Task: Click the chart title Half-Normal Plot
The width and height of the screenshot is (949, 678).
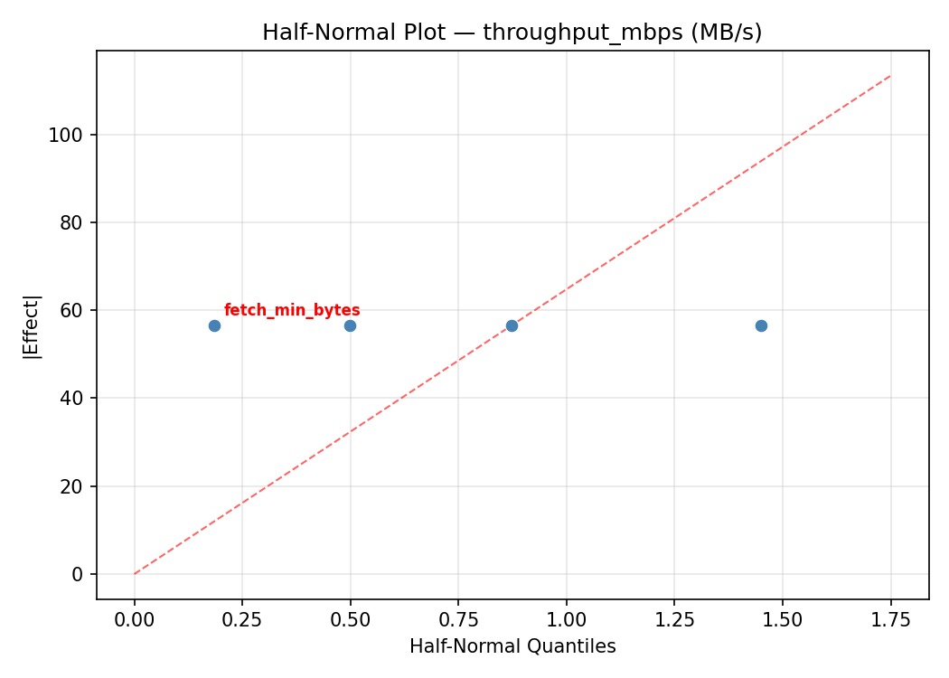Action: coord(512,33)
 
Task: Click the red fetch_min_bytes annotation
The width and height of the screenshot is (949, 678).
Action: coord(292,310)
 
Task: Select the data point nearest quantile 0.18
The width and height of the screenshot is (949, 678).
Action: coord(214,325)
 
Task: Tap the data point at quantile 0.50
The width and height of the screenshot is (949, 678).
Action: coord(350,325)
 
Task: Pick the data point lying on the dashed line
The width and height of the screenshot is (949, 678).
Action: coord(512,325)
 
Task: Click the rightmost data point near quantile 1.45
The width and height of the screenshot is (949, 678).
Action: coord(761,325)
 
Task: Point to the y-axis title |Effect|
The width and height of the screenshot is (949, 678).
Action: coord(32,326)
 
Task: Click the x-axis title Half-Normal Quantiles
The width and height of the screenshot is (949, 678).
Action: coord(512,646)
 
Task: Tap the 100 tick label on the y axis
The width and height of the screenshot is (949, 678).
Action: coord(70,135)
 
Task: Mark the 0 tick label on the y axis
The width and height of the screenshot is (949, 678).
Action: coord(79,574)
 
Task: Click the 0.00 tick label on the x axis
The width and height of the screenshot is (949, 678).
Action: coord(135,619)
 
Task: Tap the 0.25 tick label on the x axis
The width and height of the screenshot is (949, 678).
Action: coord(242,619)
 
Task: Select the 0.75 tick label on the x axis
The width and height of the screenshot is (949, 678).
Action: coord(458,619)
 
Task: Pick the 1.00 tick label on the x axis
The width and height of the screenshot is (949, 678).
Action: coord(566,619)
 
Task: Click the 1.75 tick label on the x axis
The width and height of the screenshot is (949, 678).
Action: coord(890,619)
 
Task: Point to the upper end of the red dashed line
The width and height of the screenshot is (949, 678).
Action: coord(890,76)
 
